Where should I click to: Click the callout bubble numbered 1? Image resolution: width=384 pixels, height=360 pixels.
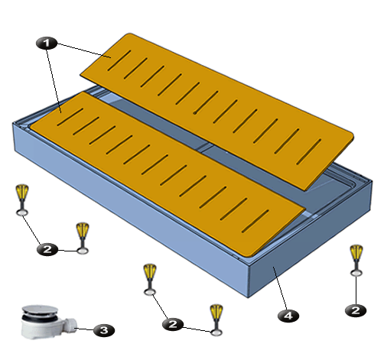pyautogui.click(x=47, y=43)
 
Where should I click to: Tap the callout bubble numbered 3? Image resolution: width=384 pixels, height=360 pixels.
pyautogui.click(x=104, y=330)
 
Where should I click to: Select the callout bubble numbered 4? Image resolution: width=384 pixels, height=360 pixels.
pyautogui.click(x=288, y=316)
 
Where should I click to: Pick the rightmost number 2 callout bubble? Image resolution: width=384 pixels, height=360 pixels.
pyautogui.click(x=356, y=310)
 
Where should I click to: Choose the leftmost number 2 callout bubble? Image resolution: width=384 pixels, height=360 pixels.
pyautogui.click(x=47, y=249)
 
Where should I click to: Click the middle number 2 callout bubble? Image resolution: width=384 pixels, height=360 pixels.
pyautogui.click(x=173, y=324)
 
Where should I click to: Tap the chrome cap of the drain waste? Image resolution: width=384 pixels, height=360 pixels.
pyautogui.click(x=40, y=310)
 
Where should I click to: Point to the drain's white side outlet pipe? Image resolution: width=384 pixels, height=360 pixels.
pyautogui.click(x=70, y=325)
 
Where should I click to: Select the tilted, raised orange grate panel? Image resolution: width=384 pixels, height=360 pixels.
pyautogui.click(x=217, y=112)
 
